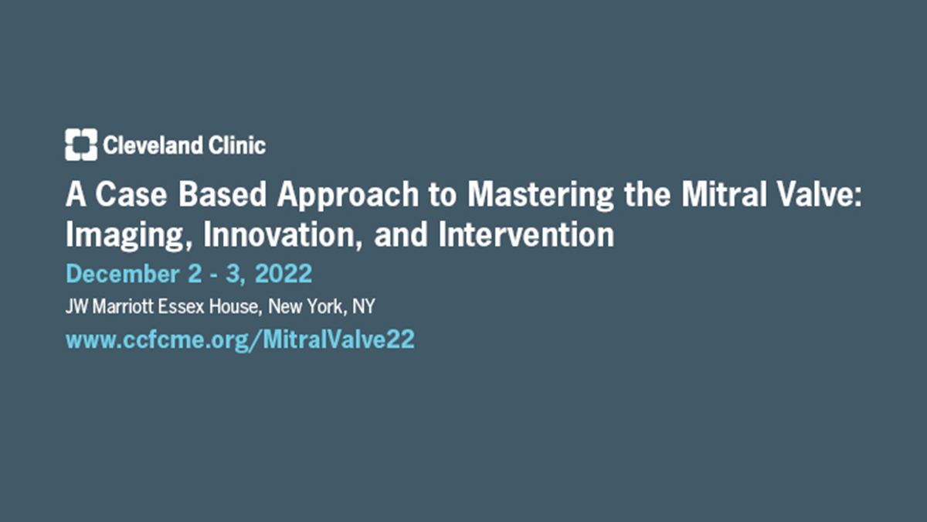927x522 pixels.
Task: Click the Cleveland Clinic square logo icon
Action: [81, 145]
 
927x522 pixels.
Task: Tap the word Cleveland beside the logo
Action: [153, 145]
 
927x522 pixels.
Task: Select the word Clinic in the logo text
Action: [237, 145]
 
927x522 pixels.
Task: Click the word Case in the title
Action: [131, 194]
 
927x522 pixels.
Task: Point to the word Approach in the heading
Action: [348, 196]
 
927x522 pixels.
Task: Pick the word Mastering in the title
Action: [541, 196]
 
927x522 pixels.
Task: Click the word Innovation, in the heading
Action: [283, 235]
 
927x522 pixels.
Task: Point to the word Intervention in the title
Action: [526, 234]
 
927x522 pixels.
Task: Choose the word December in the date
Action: [123, 274]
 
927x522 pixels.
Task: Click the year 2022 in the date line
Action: [284, 274]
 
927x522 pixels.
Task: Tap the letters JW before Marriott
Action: [77, 306]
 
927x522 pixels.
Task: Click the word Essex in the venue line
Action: [182, 306]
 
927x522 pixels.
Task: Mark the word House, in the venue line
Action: [236, 307]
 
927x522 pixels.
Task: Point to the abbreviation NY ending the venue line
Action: [364, 306]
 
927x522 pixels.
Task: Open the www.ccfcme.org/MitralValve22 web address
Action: [240, 340]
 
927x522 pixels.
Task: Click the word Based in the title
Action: [222, 194]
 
